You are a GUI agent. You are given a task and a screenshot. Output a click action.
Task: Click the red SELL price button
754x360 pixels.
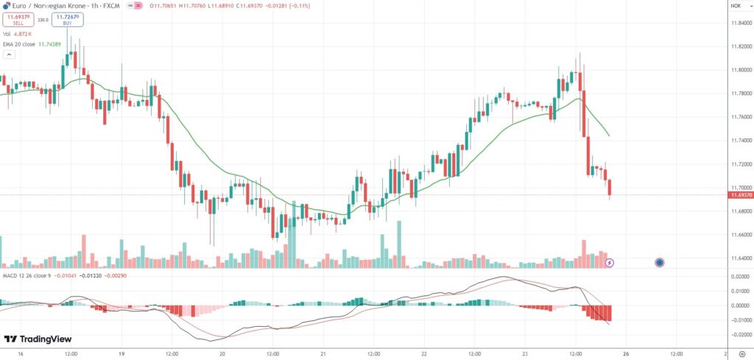pyautogui.click(x=18, y=21)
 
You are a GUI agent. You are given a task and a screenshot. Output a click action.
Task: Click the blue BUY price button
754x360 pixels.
pyautogui.click(x=67, y=21)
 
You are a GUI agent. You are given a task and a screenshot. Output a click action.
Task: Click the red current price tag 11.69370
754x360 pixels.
pyautogui.click(x=739, y=195)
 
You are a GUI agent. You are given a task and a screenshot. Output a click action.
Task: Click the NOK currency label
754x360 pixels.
pyautogui.click(x=735, y=6)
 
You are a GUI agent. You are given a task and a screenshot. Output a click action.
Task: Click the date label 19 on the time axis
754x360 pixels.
pyautogui.click(x=121, y=353)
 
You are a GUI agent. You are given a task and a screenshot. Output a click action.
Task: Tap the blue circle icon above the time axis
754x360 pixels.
pyautogui.click(x=660, y=262)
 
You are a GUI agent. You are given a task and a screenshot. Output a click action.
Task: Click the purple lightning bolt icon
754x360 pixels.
pyautogui.click(x=610, y=262)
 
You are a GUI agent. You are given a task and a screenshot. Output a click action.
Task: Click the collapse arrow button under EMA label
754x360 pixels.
pyautogui.click(x=8, y=54)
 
